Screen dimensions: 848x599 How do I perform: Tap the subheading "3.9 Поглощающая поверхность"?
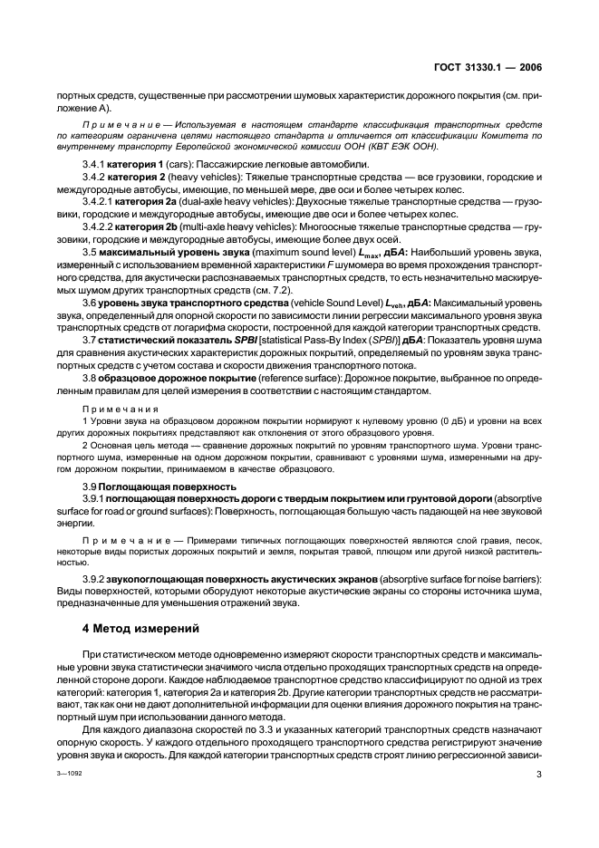147,487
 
